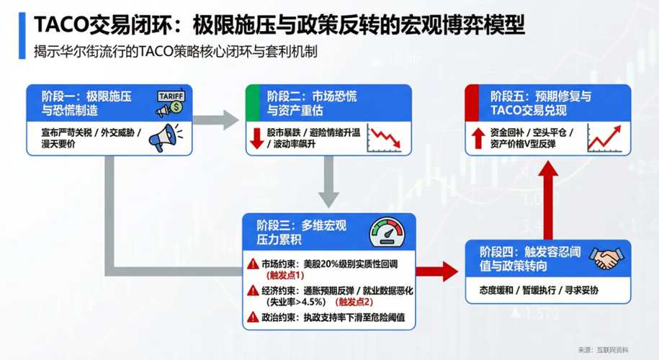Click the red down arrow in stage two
pos(255,138)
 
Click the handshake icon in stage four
pos(606,258)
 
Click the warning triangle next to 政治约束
pos(252,317)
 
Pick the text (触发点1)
pos(286,276)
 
